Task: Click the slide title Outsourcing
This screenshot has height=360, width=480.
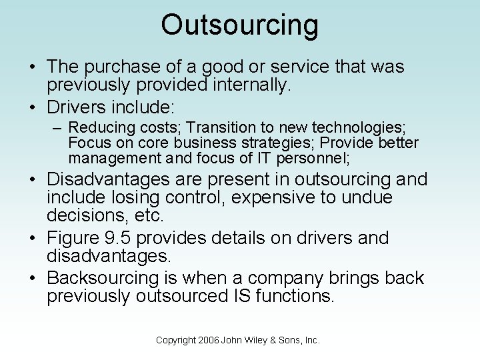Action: click(x=240, y=25)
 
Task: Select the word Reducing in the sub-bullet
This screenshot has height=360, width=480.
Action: click(x=97, y=127)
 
